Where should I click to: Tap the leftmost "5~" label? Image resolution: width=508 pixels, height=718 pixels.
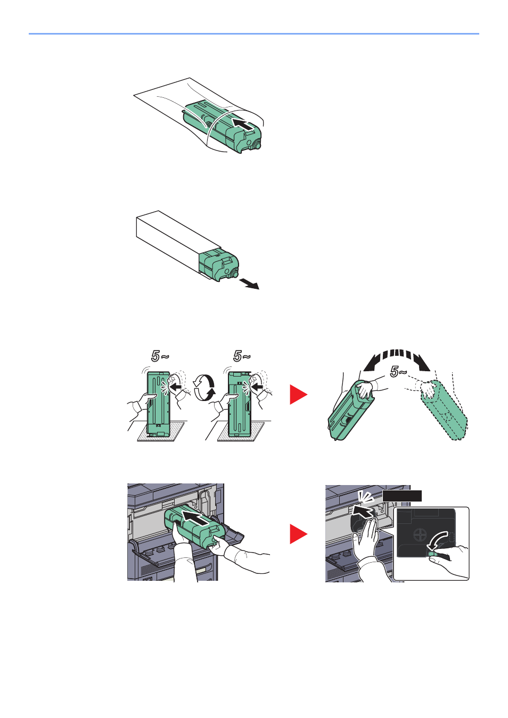pyautogui.click(x=160, y=356)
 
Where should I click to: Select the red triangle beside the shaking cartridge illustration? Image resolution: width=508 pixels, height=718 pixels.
pyautogui.click(x=298, y=394)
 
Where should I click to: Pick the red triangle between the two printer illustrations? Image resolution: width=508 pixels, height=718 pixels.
pyautogui.click(x=298, y=533)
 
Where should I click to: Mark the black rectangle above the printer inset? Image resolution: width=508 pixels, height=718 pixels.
pyautogui.click(x=402, y=496)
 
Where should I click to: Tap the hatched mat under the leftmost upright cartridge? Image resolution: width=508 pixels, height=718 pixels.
pyautogui.click(x=161, y=431)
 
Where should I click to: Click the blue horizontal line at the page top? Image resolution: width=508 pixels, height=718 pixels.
pyautogui.click(x=254, y=34)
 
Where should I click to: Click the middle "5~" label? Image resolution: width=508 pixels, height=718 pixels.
pyautogui.click(x=242, y=356)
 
